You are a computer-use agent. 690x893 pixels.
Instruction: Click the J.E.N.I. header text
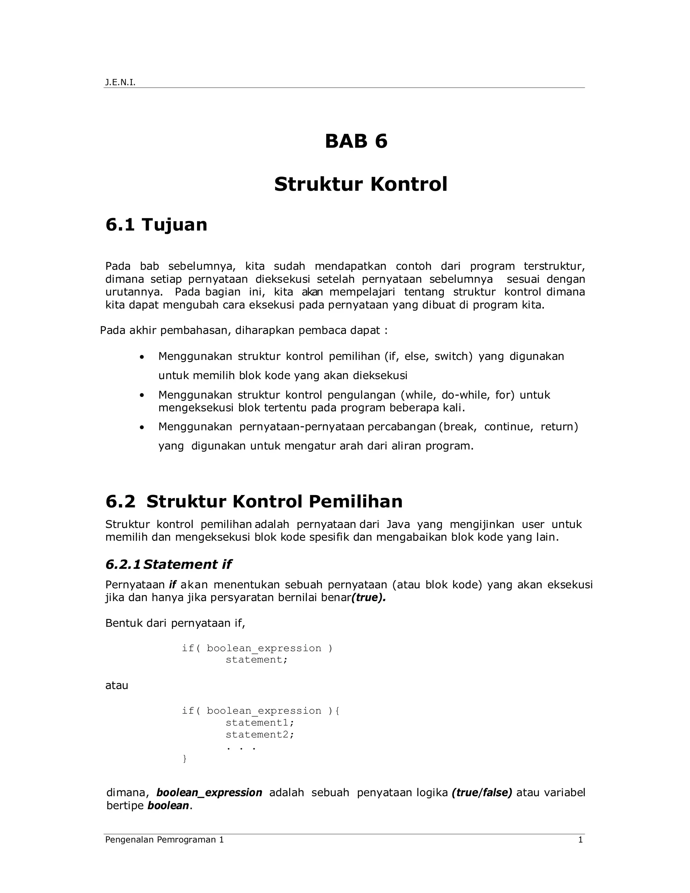click(120, 83)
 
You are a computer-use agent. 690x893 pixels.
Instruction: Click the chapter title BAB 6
click(356, 141)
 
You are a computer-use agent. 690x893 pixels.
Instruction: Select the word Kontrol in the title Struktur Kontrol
click(408, 184)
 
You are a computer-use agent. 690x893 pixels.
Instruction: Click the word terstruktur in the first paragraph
click(554, 266)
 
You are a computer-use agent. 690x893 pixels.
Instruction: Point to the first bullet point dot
click(142, 357)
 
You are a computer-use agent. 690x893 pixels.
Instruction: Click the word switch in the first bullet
click(453, 356)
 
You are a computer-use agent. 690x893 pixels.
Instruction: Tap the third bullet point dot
click(142, 428)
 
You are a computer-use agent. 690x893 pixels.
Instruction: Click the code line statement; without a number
click(257, 659)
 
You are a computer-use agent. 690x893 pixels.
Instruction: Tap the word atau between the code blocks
click(117, 685)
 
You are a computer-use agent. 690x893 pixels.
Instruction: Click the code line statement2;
click(259, 734)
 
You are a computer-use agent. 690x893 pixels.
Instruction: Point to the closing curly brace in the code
click(184, 759)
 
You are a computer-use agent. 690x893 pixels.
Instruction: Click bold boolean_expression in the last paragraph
click(209, 793)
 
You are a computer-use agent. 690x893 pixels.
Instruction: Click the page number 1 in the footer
click(580, 840)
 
